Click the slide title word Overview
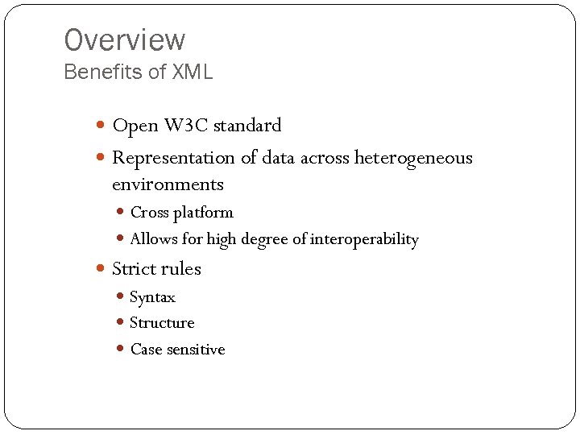pos(124,40)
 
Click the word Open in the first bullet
pos(135,126)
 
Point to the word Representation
pos(173,158)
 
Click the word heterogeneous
pos(413,158)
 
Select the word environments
pos(168,184)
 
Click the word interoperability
pos(364,239)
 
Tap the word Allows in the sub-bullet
pos(153,239)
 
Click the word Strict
pos(135,269)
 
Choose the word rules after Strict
pos(181,269)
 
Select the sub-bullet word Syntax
pos(152,297)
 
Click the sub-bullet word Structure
pos(162,323)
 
